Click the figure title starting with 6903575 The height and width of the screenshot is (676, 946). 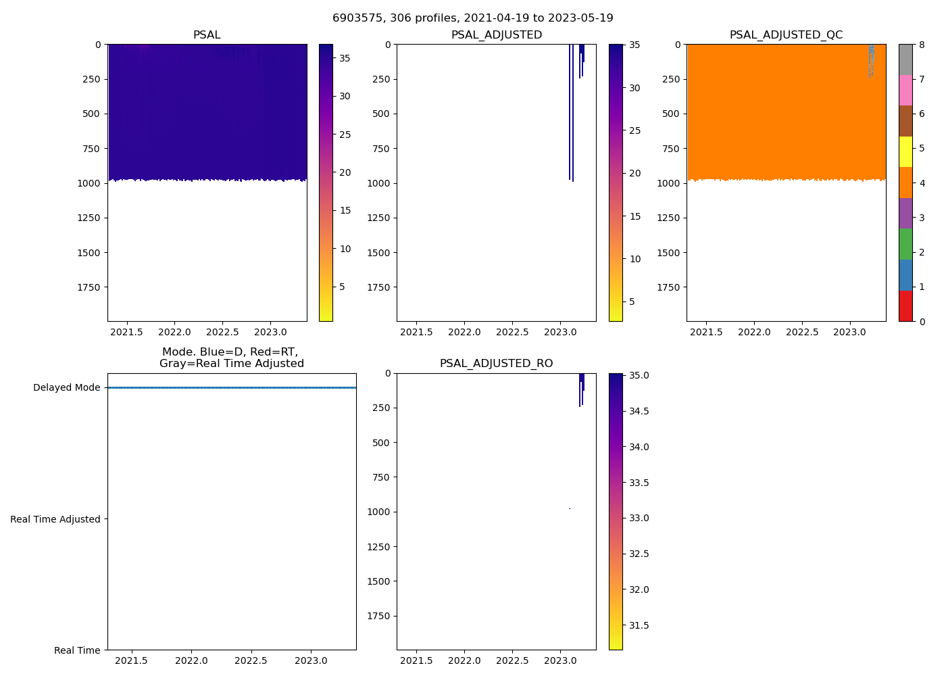(472, 18)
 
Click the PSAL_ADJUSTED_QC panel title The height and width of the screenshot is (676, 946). (786, 35)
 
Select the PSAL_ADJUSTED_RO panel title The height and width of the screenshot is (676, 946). (496, 364)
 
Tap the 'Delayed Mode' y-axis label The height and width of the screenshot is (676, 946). (66, 388)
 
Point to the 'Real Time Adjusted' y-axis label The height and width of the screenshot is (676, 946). (55, 519)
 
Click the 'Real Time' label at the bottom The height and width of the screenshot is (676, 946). (77, 650)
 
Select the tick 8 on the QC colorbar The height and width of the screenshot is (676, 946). (921, 45)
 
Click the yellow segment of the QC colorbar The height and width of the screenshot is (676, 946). (905, 152)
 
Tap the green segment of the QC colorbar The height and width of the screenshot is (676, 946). (905, 244)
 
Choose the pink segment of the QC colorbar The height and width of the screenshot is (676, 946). (905, 91)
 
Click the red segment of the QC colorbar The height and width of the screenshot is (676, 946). (905, 306)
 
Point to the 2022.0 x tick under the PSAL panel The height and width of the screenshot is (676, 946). (175, 332)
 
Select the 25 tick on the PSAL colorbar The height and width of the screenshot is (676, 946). (345, 135)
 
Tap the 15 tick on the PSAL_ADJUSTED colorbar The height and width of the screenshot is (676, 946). (634, 216)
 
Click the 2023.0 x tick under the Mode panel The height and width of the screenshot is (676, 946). (312, 660)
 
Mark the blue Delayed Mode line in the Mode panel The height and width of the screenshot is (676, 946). (232, 388)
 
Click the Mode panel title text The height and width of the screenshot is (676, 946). (231, 358)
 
